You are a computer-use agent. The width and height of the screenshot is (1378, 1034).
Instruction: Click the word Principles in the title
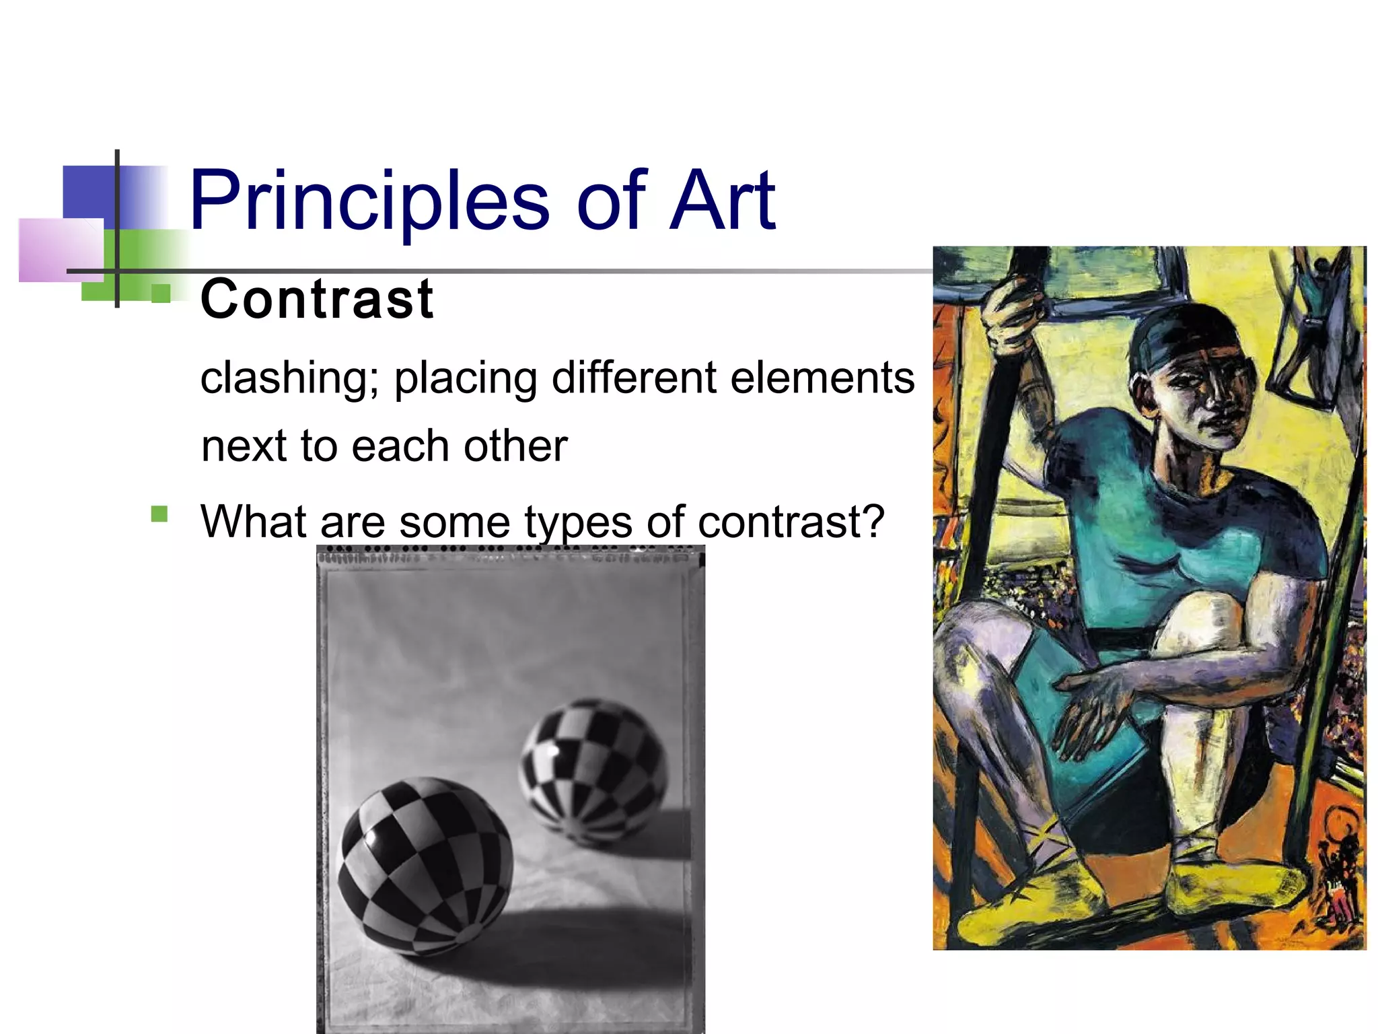(x=369, y=201)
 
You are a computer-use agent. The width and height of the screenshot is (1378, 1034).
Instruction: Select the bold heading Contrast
(x=317, y=299)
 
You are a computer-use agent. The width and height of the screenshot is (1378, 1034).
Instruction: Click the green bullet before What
(x=159, y=514)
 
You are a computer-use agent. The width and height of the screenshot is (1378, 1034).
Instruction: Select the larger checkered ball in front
(x=425, y=866)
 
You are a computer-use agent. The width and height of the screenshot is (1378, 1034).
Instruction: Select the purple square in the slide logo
(x=61, y=249)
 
